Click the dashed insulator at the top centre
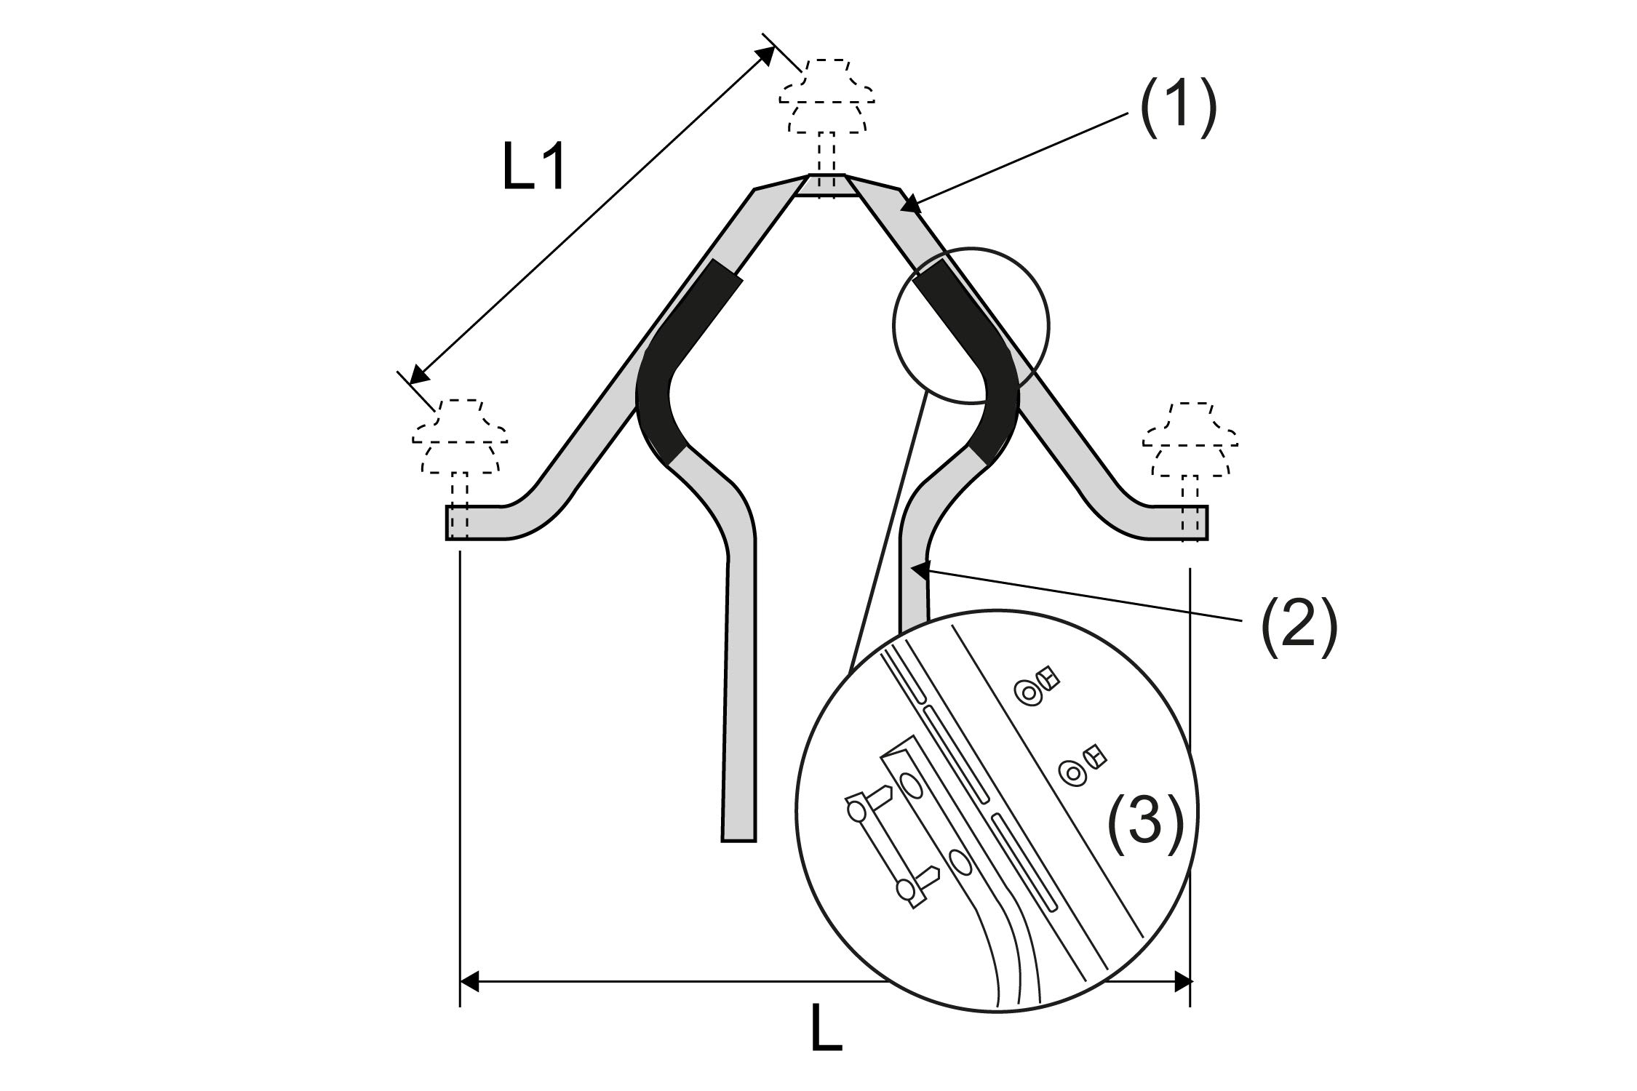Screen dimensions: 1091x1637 [827, 102]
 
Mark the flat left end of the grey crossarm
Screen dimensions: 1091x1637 [455, 522]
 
